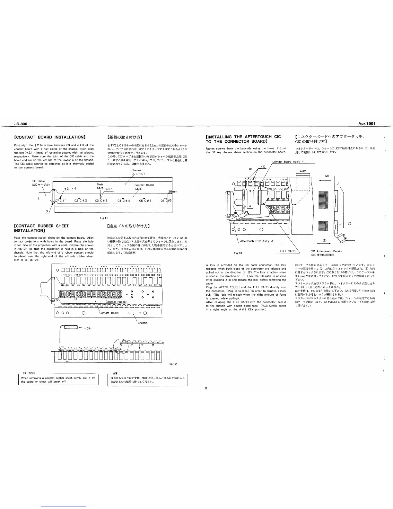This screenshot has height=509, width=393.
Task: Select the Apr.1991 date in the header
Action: click(x=367, y=124)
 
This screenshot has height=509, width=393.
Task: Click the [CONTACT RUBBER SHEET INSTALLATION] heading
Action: click(x=41, y=228)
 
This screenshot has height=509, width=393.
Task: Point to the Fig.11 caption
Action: click(x=104, y=219)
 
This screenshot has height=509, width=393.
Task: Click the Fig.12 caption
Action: click(x=173, y=364)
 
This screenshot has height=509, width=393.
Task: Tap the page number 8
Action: click(x=206, y=388)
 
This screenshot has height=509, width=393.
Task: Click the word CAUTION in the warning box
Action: click(x=29, y=373)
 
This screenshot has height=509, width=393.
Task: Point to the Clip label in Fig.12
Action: click(x=89, y=328)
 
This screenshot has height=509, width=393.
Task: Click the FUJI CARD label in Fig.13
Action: click(x=287, y=251)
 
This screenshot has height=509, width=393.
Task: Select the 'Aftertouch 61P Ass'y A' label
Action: click(x=257, y=241)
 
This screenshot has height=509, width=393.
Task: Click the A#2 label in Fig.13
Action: click(x=302, y=171)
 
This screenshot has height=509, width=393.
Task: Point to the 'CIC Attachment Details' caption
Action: click(x=326, y=251)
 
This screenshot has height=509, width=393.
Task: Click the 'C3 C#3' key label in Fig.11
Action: click(x=101, y=201)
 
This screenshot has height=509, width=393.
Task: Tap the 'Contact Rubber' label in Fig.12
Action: click(x=116, y=302)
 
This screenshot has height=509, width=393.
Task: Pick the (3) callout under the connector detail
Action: click(x=324, y=240)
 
